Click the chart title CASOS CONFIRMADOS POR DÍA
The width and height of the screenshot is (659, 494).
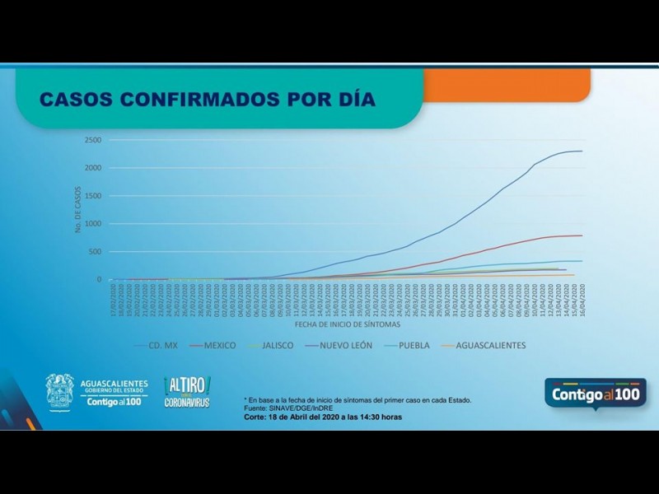tap(208, 100)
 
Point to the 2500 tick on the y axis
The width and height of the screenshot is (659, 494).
tap(92, 140)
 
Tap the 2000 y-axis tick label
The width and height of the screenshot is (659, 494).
tap(92, 168)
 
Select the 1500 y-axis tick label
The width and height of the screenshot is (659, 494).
tap(92, 196)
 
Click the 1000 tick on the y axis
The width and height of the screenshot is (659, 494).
tap(92, 224)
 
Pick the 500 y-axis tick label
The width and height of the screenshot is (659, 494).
tap(95, 252)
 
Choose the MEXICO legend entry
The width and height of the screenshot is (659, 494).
tap(220, 346)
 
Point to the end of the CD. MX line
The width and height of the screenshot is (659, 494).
tap(582, 151)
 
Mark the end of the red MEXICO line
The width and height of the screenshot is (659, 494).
tap(582, 235)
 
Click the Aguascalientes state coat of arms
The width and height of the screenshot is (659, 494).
tap(59, 391)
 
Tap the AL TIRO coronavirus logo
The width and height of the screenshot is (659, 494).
tap(188, 392)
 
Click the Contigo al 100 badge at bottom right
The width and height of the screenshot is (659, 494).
tap(595, 394)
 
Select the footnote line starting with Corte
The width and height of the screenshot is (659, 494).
tap(323, 417)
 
